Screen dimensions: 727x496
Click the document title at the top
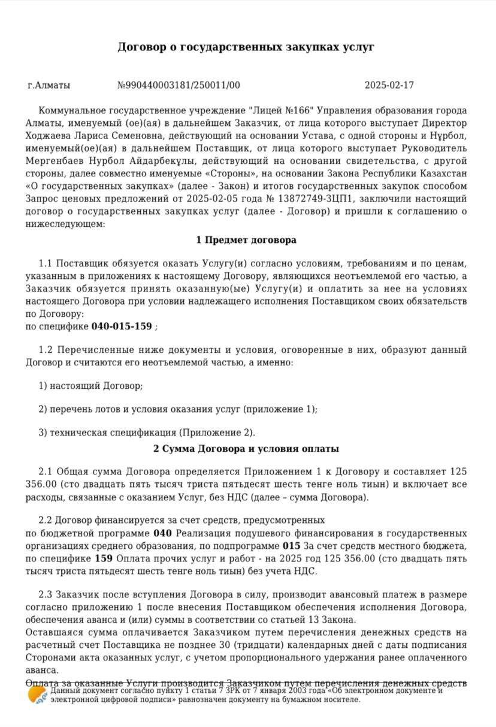pos(246,47)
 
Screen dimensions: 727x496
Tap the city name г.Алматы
pos(49,85)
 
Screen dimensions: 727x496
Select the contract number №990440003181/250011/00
pos(179,85)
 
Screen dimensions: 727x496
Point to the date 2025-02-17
pos(389,85)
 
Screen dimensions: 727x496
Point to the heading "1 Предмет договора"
pos(246,240)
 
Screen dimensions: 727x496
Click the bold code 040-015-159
pos(122,327)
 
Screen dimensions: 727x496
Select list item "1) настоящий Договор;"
pos(90,386)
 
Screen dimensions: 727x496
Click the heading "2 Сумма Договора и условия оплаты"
pos(246,449)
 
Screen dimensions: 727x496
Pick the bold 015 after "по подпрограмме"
pos(291,546)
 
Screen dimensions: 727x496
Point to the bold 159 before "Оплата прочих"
pos(104,558)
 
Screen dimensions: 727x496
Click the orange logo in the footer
pos(37,695)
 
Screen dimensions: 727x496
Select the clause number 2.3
pos(46,594)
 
